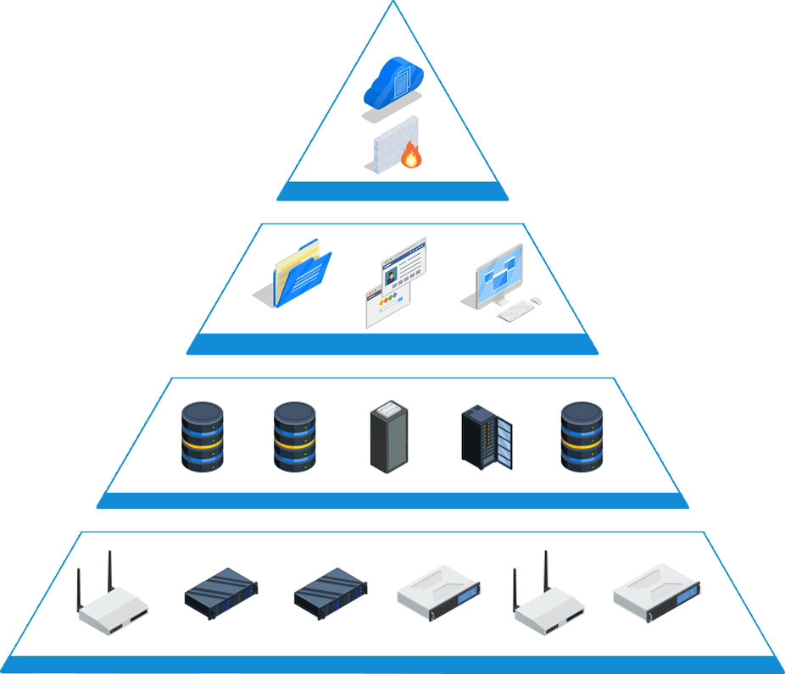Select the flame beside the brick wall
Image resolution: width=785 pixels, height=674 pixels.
411,155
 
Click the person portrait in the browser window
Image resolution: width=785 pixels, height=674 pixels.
390,274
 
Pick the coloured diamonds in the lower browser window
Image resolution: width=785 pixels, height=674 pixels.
387,301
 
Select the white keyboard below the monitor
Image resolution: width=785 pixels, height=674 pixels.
515,312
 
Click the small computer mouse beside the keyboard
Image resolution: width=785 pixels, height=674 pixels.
536,301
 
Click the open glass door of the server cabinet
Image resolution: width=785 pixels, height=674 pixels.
504,445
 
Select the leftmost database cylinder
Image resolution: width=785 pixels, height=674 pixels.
203,437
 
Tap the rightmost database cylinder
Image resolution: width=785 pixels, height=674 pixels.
582,437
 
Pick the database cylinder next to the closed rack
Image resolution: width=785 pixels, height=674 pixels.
294,437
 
